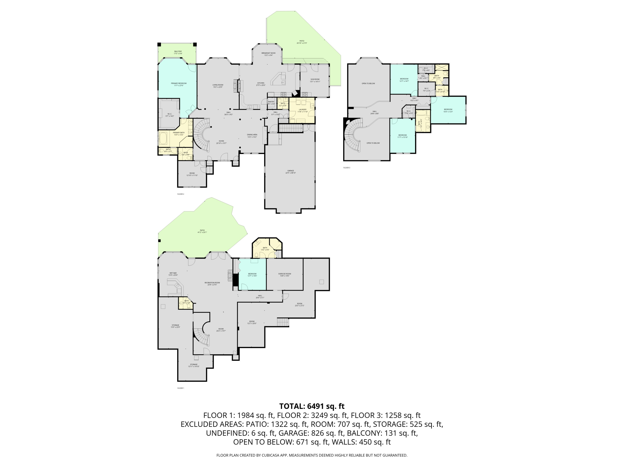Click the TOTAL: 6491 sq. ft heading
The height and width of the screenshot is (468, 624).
[x=312, y=406]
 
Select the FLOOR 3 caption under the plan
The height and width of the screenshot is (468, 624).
[x=347, y=168]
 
